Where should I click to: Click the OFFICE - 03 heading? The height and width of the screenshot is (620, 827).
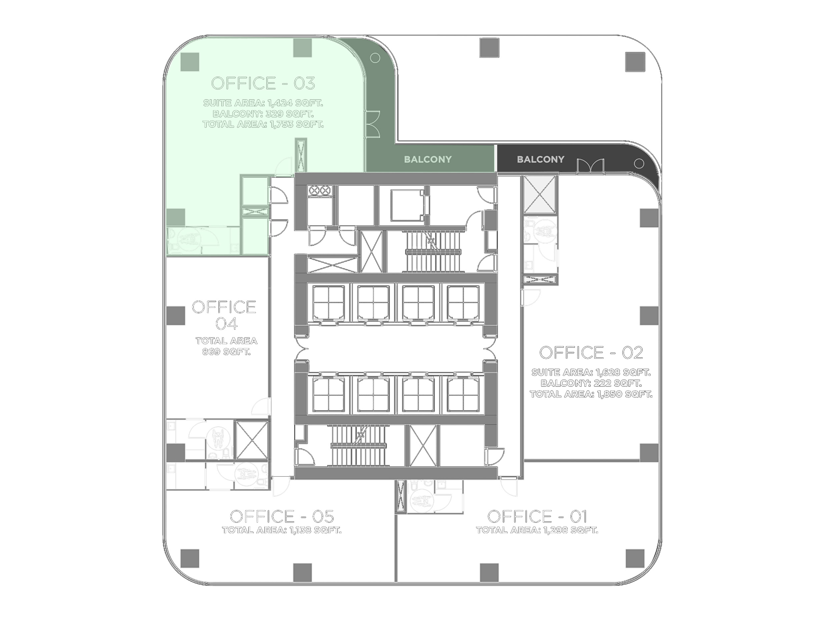point(263,83)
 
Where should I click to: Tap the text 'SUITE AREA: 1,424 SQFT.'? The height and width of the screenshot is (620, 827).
point(263,103)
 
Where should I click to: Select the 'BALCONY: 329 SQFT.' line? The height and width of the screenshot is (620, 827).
point(263,114)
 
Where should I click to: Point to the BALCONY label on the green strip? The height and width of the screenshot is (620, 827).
point(428,160)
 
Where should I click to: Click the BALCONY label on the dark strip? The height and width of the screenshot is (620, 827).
point(541,160)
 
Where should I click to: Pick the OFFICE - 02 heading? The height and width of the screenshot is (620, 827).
point(591,352)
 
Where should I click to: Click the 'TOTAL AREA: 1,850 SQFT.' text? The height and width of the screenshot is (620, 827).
point(591,394)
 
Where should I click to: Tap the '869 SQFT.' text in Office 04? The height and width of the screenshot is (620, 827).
point(226,352)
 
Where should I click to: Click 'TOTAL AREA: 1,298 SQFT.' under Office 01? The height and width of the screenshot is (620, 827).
point(537,530)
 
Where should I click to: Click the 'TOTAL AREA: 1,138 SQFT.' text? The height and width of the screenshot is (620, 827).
point(281,530)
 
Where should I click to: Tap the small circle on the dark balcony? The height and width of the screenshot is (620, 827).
point(639,164)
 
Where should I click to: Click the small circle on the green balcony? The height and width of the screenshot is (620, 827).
point(375,58)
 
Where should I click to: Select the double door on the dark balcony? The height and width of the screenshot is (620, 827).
point(590,166)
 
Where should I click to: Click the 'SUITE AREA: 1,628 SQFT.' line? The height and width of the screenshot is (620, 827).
point(591,373)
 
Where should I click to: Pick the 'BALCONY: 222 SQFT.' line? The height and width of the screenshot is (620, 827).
point(591,383)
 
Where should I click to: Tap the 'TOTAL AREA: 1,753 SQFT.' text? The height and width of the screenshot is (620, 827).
point(263,124)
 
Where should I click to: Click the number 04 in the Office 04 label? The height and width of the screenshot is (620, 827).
point(226,324)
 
